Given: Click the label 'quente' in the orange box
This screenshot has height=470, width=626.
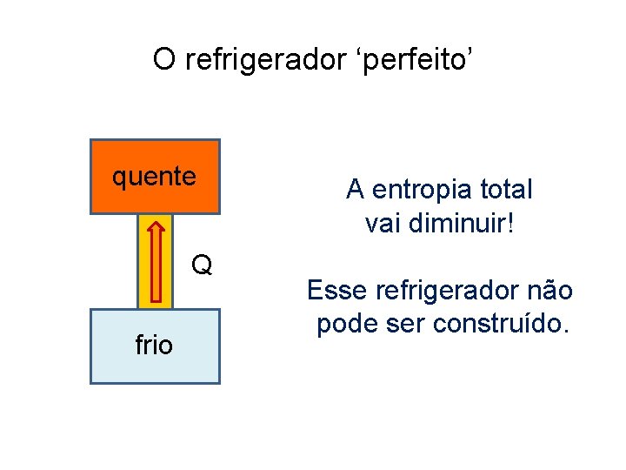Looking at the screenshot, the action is tap(155, 177).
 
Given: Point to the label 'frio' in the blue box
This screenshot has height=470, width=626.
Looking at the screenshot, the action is tap(155, 346).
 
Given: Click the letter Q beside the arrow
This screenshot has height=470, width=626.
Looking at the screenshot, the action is tap(202, 265).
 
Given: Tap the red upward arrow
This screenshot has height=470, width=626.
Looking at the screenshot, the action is tap(156, 261).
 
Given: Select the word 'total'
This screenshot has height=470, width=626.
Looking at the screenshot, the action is tap(505, 189).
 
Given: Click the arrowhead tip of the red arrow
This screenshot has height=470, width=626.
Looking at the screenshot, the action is tap(156, 222).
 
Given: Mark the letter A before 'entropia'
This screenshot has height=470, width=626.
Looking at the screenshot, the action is tap(355, 189).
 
